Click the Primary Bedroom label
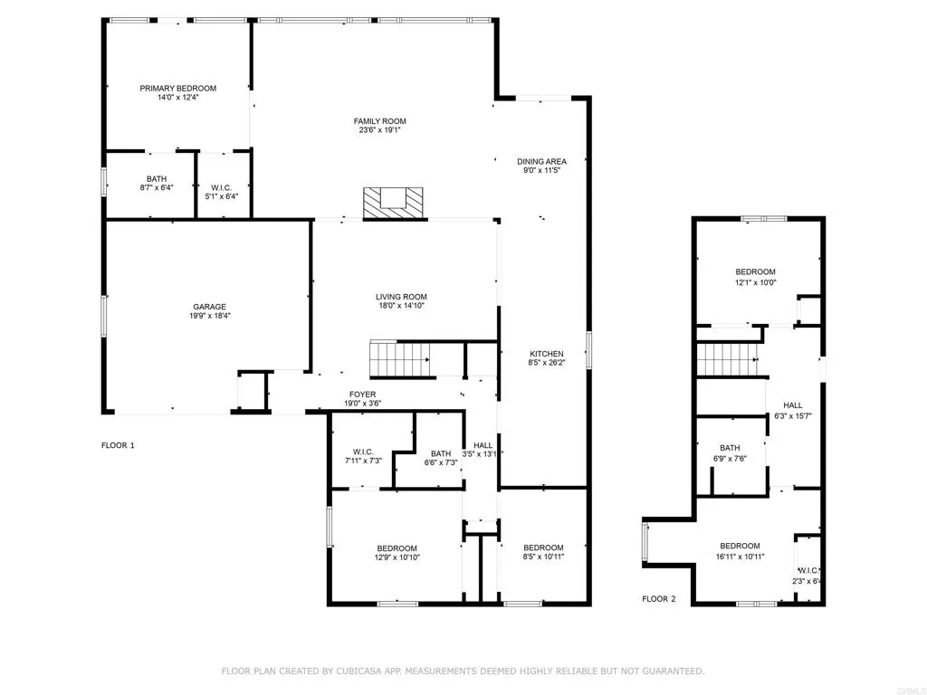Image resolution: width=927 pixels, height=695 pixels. pos(177,88)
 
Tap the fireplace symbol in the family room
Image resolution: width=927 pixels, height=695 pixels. pos(393,203)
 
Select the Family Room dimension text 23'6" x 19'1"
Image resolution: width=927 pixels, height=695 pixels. pos(379,130)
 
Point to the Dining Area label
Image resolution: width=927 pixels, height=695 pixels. pos(541,161)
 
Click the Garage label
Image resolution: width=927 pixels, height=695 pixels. pos(208,306)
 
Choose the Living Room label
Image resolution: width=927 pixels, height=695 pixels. pos(401,297)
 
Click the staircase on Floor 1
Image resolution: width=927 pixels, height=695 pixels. pos(398,358)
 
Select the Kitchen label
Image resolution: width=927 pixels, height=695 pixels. pos(547,354)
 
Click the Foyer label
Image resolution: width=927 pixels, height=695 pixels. pos(363,395)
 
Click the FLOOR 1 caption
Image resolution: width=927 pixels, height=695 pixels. pos(118,445)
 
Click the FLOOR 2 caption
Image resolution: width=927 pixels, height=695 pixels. pos(658,599)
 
